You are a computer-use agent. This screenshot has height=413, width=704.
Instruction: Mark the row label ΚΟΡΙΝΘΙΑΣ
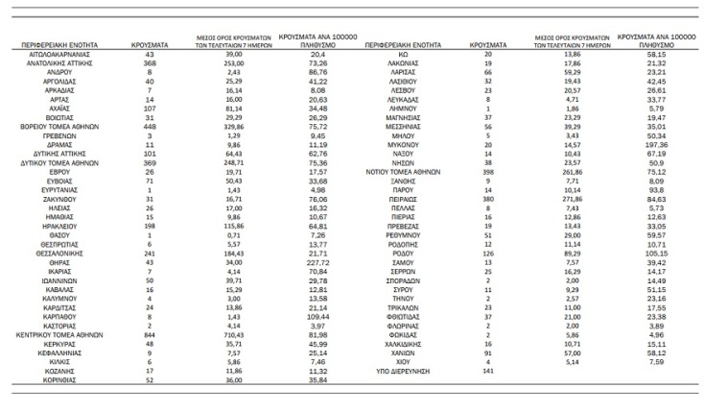[66, 379]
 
